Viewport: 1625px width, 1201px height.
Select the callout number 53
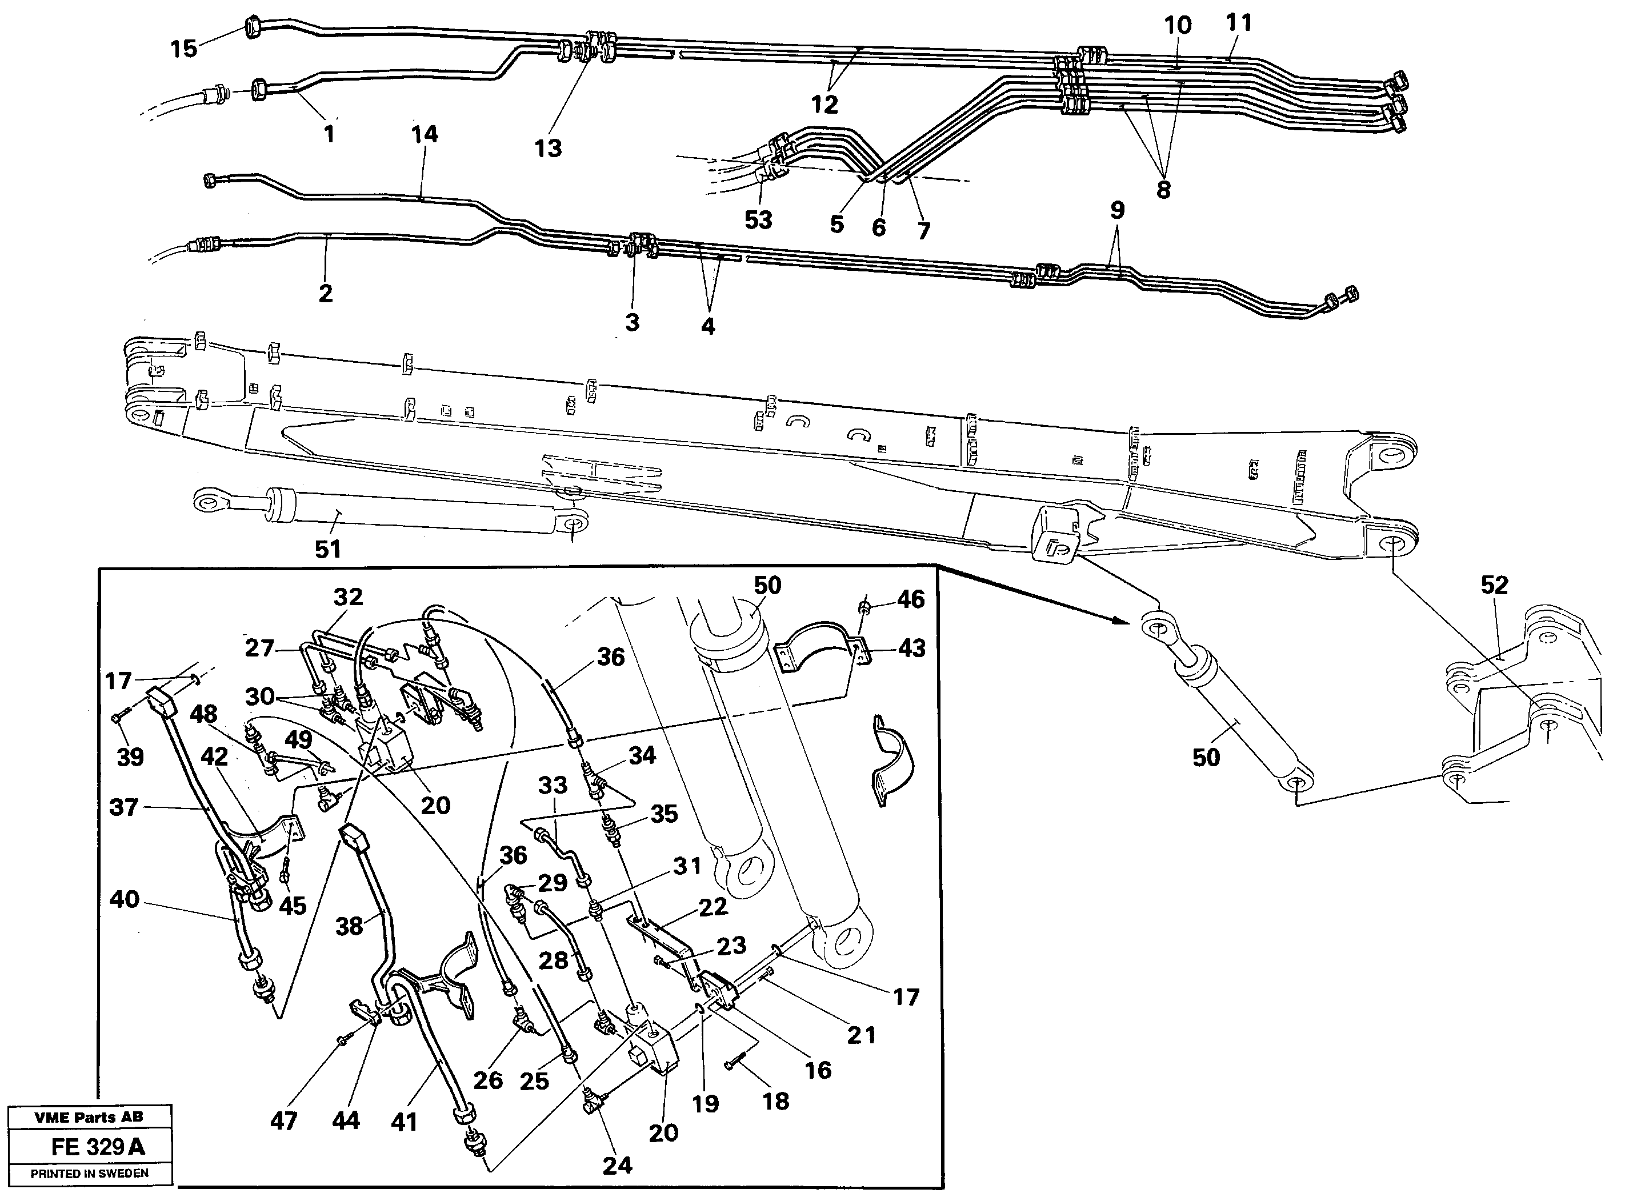pyautogui.click(x=758, y=219)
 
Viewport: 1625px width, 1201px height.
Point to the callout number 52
pyautogui.click(x=1494, y=585)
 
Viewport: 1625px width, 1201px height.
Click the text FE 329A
pyautogui.click(x=98, y=1147)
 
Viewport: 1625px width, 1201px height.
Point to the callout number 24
pyautogui.click(x=617, y=1166)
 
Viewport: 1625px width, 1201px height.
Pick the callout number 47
pyautogui.click(x=283, y=1121)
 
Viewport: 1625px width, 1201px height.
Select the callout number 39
pyautogui.click(x=130, y=757)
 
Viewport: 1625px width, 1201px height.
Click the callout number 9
pyautogui.click(x=1118, y=210)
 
